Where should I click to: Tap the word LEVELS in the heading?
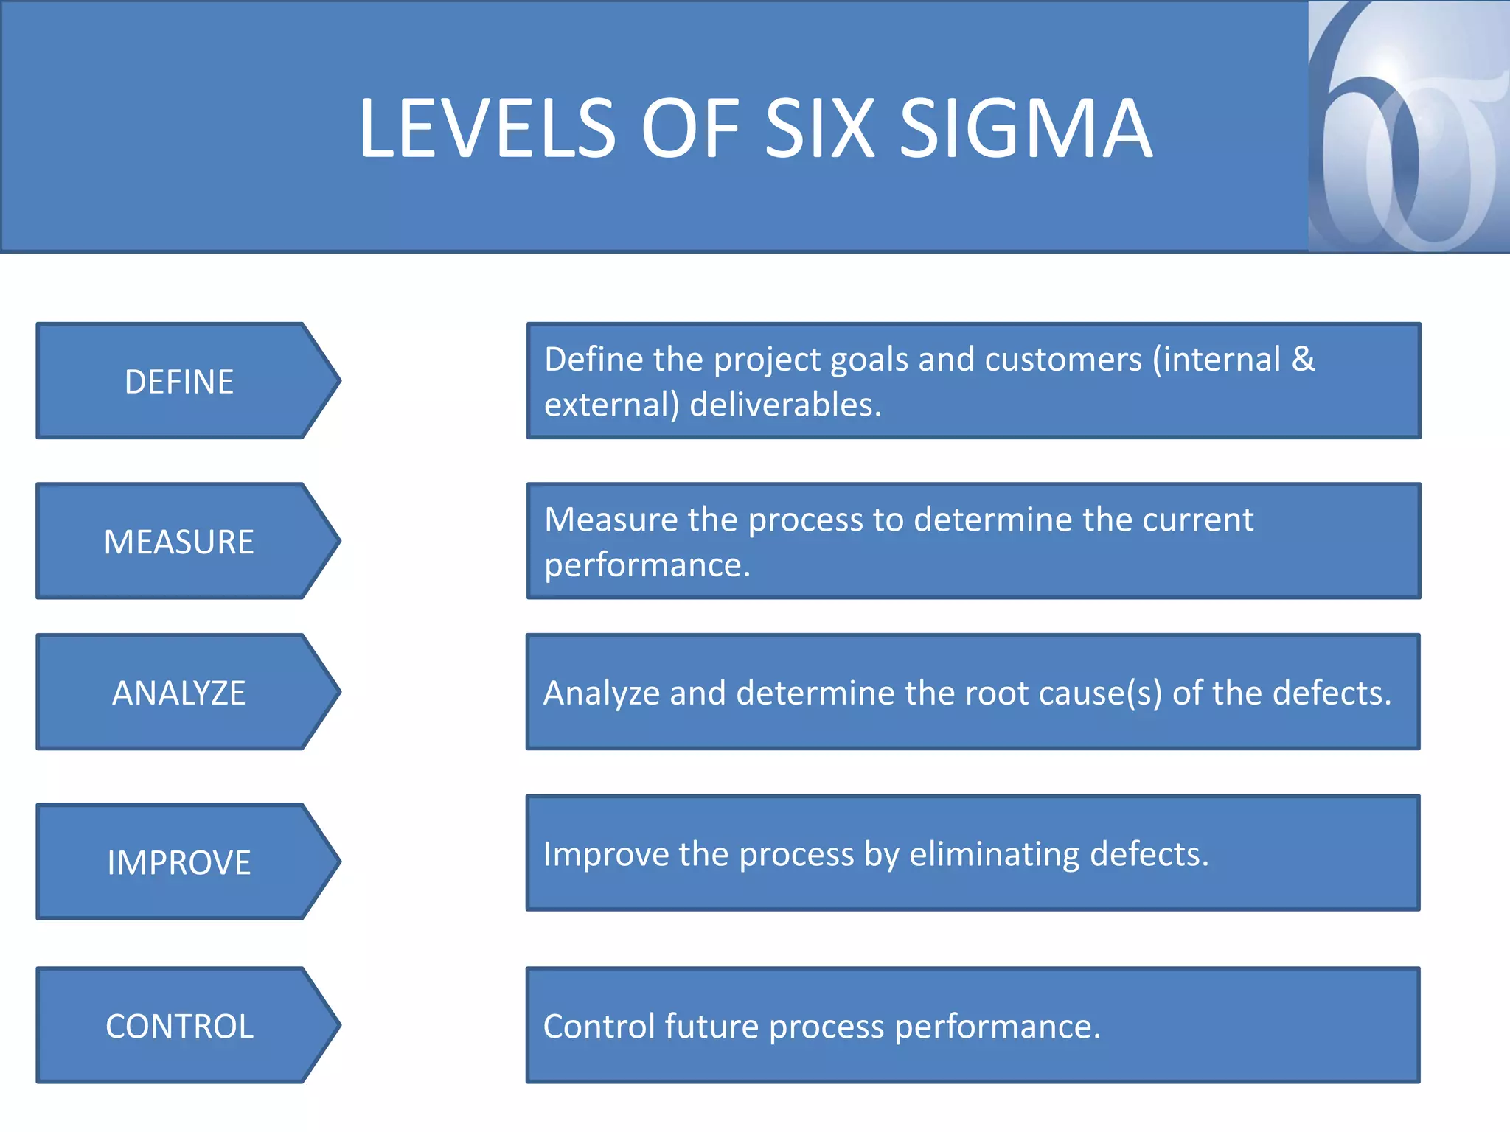487,129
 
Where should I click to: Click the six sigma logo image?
1408,127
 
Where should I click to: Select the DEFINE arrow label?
179,382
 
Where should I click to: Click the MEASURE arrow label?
179,542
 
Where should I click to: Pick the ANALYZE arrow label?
179,693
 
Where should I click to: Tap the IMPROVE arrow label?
179,863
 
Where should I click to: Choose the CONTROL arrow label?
179,1027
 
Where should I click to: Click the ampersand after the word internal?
1304,360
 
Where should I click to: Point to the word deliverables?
785,405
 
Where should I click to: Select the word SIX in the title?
820,129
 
